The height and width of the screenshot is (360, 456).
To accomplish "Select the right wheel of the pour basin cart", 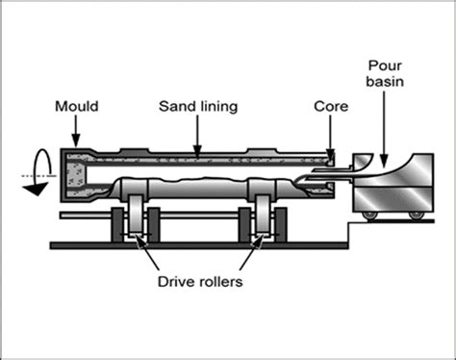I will click(x=413, y=210).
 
